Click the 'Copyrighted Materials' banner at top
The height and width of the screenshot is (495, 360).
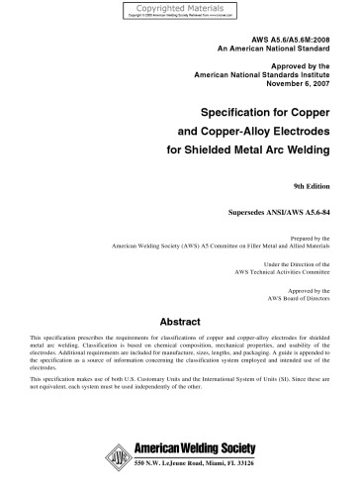[x=179, y=7]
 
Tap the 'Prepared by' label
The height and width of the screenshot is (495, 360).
[x=317, y=238]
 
